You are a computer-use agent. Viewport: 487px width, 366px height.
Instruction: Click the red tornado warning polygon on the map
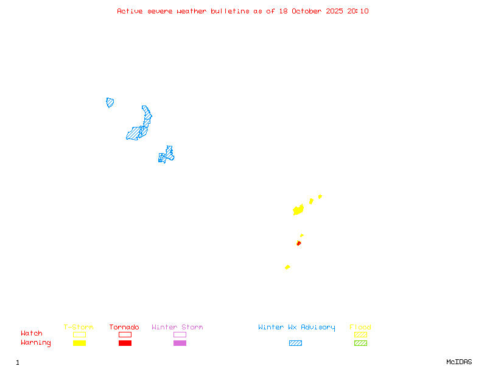pyautogui.click(x=298, y=243)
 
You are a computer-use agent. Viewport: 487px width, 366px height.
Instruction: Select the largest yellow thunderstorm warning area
pyautogui.click(x=298, y=210)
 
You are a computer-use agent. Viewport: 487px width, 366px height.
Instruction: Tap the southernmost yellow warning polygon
pyautogui.click(x=287, y=267)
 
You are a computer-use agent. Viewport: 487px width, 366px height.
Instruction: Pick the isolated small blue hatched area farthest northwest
pyautogui.click(x=110, y=102)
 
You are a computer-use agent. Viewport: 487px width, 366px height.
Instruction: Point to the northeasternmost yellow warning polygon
pyautogui.click(x=320, y=196)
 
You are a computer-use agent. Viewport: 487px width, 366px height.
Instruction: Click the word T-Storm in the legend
pyautogui.click(x=79, y=327)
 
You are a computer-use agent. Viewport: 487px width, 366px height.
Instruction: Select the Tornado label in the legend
pyautogui.click(x=124, y=327)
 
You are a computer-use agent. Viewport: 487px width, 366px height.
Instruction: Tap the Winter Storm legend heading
pyautogui.click(x=177, y=327)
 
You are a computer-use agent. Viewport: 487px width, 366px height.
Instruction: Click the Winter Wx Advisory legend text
pyautogui.click(x=296, y=327)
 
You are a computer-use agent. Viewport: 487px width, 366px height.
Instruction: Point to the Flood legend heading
pyautogui.click(x=360, y=327)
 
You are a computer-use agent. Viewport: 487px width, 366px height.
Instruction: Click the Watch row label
pyautogui.click(x=32, y=334)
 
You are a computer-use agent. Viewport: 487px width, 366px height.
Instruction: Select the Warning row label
pyautogui.click(x=36, y=343)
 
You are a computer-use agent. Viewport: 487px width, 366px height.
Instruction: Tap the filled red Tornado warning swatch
pyautogui.click(x=125, y=343)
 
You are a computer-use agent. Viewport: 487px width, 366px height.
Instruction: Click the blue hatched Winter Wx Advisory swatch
pyautogui.click(x=295, y=343)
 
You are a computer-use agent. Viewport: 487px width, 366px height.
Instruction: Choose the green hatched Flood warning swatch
pyautogui.click(x=360, y=343)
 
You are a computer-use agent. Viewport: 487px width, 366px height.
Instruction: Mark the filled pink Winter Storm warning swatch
pyautogui.click(x=180, y=343)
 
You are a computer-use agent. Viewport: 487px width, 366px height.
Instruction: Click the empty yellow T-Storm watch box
pyautogui.click(x=79, y=334)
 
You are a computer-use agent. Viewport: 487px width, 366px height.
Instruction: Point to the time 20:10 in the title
pyautogui.click(x=357, y=11)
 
